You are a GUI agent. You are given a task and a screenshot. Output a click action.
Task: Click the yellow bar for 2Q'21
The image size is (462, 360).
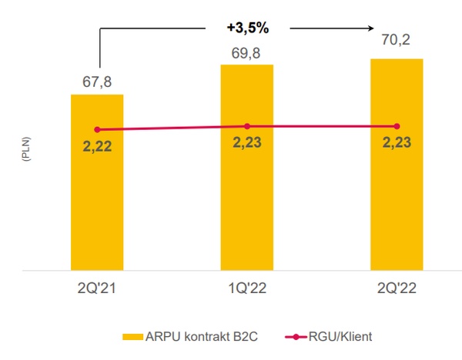point(97,200)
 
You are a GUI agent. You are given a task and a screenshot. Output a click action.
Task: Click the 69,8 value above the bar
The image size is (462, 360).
point(247,52)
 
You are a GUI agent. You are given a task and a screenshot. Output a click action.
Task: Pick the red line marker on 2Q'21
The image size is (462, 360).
point(97,129)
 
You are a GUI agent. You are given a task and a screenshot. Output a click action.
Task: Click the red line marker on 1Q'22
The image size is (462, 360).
point(247,126)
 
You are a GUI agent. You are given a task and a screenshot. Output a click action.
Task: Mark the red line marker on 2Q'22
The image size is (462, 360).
point(397,126)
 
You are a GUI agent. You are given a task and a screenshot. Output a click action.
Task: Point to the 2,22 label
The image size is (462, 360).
point(97,145)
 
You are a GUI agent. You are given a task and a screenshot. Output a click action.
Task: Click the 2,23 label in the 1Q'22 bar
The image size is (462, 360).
point(247,142)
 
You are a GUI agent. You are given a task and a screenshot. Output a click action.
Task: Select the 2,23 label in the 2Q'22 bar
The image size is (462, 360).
point(397,142)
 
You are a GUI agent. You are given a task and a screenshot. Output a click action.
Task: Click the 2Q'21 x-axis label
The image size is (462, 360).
point(97,289)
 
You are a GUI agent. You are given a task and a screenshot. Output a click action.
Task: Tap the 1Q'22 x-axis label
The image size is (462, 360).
point(247,289)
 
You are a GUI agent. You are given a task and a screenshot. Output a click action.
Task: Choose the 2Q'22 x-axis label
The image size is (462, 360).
point(397,289)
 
